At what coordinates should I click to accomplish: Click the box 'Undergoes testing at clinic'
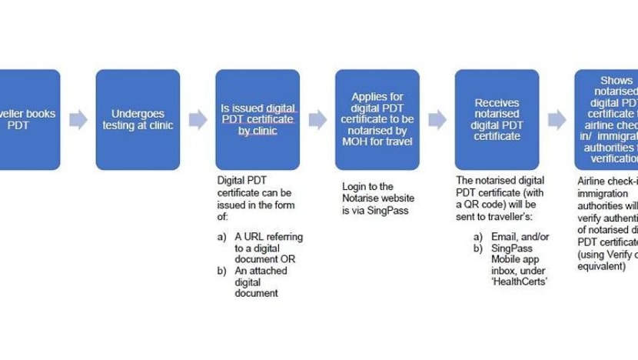pos(138,119)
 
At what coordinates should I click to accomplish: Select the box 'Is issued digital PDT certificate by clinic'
pos(258,119)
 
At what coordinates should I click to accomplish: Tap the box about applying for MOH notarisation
pos(377,119)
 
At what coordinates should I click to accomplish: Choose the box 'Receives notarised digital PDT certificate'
pos(497,119)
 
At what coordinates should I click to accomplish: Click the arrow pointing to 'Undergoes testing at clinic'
pos(78,119)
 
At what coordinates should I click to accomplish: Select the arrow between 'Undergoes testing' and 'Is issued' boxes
pos(198,119)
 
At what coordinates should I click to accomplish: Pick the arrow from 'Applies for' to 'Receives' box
pos(437,119)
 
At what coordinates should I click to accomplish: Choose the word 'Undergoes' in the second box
pos(138,113)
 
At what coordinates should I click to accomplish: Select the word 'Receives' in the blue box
pos(497,102)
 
